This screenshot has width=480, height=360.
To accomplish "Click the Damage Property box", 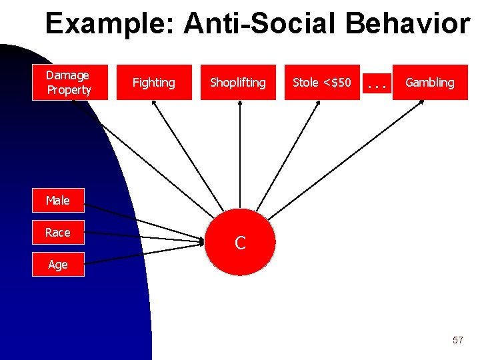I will (69, 82).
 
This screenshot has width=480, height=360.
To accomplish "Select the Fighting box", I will (154, 82).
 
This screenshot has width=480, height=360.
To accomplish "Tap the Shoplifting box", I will (238, 82).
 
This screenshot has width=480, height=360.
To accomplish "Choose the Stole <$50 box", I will (322, 82).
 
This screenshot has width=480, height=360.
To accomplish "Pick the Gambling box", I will (430, 82).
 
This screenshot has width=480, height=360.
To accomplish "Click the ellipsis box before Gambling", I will (377, 83).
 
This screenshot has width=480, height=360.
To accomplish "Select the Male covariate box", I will (58, 200).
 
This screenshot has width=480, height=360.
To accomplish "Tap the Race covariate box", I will (58, 233).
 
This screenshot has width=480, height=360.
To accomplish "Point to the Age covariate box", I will (58, 265).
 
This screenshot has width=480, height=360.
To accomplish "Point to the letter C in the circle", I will (241, 243).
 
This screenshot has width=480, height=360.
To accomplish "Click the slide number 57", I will (457, 340).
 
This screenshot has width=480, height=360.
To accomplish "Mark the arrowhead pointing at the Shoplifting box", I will (238, 103).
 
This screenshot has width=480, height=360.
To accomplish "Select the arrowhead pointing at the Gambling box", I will (407, 104).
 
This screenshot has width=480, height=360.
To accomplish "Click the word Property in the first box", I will (69, 89).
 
